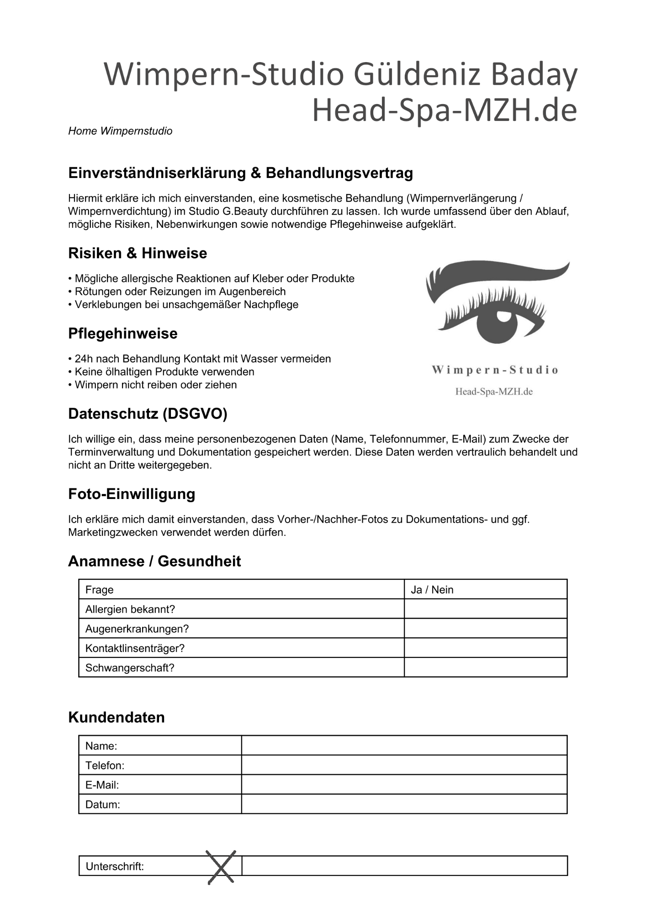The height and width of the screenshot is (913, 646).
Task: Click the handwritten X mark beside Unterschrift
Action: pos(221,867)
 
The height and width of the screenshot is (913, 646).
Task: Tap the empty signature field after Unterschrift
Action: pos(404,866)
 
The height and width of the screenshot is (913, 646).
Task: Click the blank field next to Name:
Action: pos(404,745)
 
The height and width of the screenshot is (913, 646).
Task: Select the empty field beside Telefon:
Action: pos(404,765)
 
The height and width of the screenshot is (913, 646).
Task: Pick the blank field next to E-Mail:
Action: pos(404,785)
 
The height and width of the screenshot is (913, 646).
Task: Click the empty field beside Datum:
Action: pos(404,804)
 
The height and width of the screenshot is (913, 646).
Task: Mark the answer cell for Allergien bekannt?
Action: pos(486,609)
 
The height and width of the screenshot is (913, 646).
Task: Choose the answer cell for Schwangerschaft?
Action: pos(486,667)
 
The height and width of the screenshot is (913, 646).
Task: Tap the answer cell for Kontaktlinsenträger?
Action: pos(486,648)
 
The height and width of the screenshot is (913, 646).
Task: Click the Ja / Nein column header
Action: pos(432,590)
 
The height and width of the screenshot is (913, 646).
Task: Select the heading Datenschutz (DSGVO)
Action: pos(148,414)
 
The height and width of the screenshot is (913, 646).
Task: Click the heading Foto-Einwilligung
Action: pos(132,494)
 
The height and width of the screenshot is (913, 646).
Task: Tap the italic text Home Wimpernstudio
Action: pos(120,131)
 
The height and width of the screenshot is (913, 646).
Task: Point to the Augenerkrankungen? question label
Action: pos(137,629)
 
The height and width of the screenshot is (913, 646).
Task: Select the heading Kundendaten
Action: pos(116,717)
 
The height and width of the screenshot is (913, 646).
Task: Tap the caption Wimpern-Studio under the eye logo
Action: pos(495,370)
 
